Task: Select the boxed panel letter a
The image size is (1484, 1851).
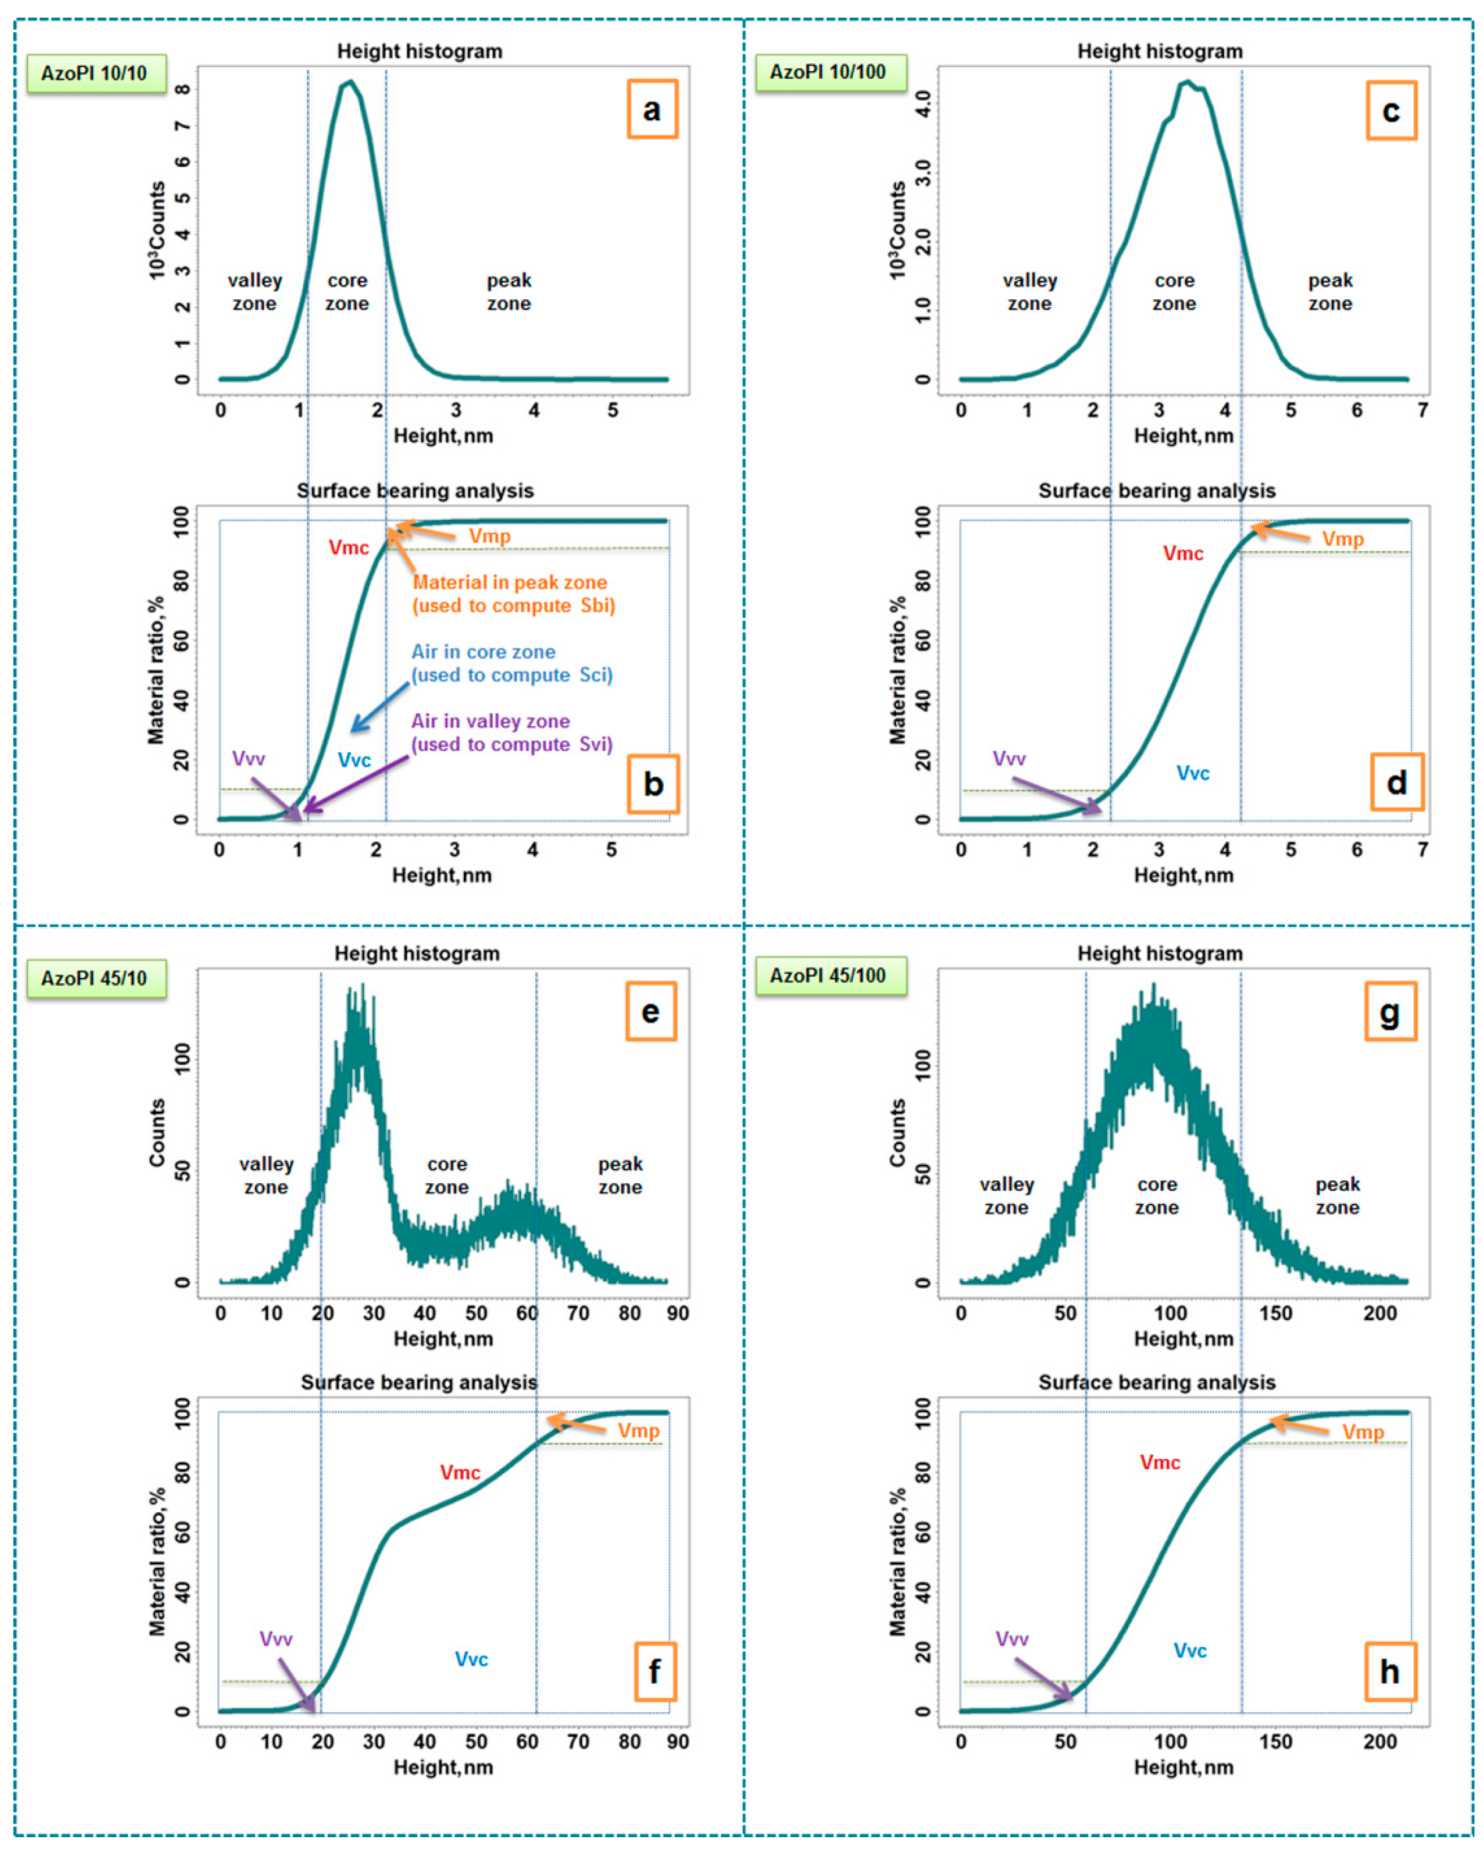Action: [652, 109]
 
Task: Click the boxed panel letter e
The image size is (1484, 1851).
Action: [650, 1011]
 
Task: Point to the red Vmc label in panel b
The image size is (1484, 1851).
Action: [348, 548]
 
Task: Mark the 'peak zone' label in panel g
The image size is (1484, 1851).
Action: [1337, 1196]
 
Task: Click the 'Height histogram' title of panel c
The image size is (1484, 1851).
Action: [1160, 51]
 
